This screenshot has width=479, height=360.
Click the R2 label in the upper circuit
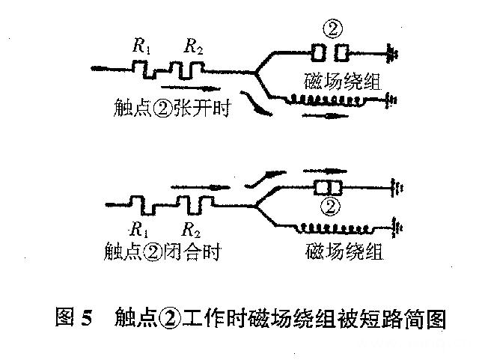(x=194, y=46)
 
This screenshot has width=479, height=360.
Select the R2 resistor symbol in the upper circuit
(x=186, y=70)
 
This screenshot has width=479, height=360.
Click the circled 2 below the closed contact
(x=330, y=204)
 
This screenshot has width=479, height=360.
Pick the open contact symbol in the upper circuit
(x=330, y=53)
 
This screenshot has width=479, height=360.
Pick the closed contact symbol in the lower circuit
(x=329, y=186)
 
